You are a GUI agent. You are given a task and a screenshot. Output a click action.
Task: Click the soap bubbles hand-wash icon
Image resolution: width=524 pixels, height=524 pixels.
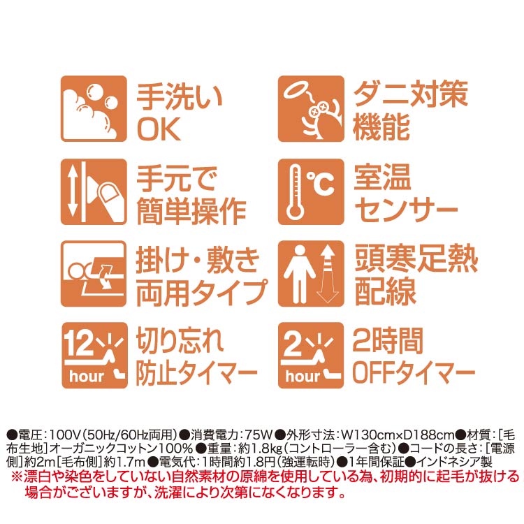pos(94,108)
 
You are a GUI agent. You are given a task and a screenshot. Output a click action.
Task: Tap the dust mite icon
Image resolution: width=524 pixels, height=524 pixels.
pos(311,108)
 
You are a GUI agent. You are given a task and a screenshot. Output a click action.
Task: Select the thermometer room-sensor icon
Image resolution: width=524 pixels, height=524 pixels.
pos(311,191)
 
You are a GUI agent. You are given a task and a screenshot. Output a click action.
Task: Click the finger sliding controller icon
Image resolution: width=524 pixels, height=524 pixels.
pos(94,191)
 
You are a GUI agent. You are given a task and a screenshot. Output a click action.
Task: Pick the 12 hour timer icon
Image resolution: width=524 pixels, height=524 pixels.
pos(94,355)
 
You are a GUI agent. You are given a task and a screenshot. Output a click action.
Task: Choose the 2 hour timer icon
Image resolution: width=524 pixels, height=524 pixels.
pos(311,355)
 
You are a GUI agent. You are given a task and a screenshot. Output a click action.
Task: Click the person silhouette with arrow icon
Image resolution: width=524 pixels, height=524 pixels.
pos(311,274)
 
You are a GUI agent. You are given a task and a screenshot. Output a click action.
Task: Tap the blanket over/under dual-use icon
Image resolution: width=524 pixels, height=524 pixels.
pos(94,274)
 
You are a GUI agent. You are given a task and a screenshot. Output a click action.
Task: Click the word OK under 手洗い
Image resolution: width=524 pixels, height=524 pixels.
pos(159,129)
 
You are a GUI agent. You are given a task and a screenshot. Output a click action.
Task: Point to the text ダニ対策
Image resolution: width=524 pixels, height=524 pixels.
pos(410,94)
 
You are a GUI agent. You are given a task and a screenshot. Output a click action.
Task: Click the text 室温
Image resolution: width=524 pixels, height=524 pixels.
pos(382,177)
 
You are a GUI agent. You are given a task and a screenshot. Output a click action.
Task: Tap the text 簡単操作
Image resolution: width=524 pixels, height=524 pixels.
pos(191,211)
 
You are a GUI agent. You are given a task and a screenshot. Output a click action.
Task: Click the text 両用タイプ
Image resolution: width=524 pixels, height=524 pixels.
pos(202,293)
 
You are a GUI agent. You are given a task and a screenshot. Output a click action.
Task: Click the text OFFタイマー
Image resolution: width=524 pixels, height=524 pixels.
pos(414,372)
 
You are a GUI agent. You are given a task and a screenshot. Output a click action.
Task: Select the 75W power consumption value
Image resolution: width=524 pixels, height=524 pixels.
pos(259,435)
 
